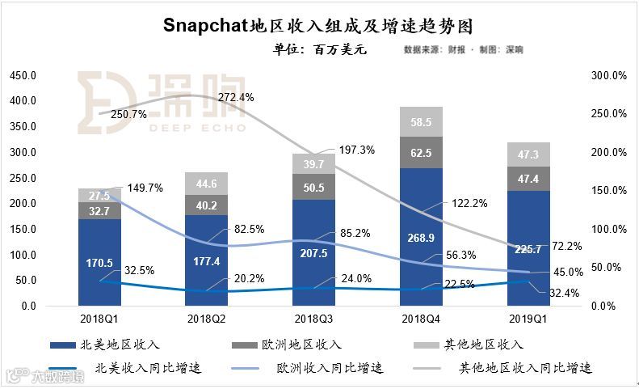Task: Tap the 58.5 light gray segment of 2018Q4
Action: coord(420,122)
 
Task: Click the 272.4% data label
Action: coord(235,97)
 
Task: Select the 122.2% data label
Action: coord(469,203)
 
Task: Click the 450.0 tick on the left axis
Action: coord(23,75)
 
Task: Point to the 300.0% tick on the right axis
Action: coord(610,75)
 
